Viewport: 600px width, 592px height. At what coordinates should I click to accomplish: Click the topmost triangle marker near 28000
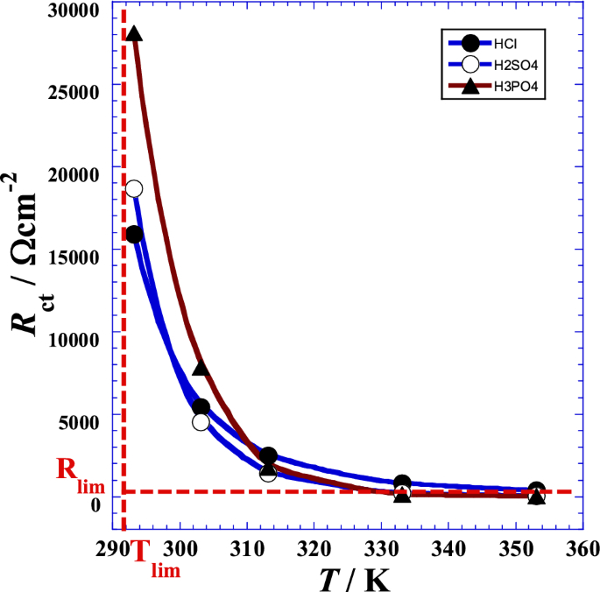(134, 34)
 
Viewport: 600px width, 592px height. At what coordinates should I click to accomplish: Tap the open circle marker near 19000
(134, 188)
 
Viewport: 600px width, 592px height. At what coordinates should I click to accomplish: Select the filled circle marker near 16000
(134, 234)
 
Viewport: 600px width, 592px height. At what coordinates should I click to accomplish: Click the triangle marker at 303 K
(201, 369)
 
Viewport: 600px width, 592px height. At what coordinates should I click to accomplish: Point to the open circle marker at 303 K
(201, 422)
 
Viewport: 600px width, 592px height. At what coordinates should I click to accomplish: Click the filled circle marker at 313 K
(269, 455)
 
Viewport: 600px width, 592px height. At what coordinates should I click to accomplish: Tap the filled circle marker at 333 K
(403, 483)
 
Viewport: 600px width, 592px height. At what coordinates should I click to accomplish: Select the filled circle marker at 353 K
(537, 490)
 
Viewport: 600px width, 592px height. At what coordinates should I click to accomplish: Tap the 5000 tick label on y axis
(78, 421)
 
